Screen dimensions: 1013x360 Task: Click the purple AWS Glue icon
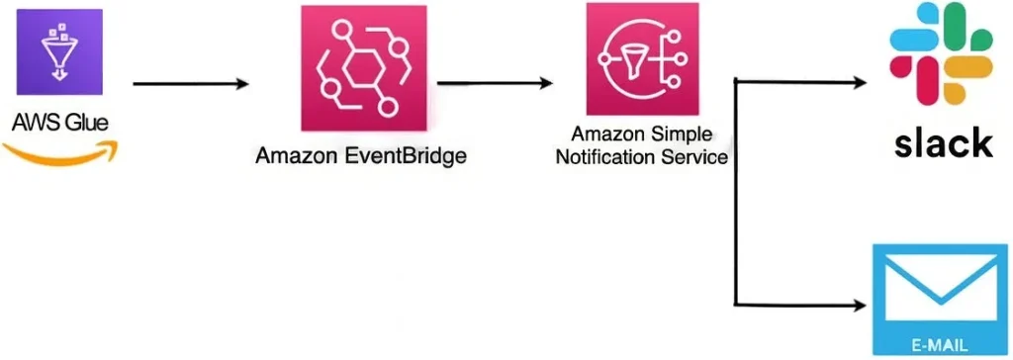tap(59, 52)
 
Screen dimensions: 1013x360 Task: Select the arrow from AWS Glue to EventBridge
tap(191, 84)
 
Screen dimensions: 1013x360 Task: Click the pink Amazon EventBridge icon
tap(364, 68)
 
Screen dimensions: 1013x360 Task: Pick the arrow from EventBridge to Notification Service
tap(495, 83)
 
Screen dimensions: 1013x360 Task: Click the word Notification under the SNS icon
tap(599, 157)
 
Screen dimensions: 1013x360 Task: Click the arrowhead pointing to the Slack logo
tap(860, 82)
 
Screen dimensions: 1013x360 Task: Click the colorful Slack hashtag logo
tap(942, 52)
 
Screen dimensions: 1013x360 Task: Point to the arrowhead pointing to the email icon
tap(860, 305)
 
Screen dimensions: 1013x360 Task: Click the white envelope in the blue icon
tap(941, 287)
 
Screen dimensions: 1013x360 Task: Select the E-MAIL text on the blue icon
tap(941, 344)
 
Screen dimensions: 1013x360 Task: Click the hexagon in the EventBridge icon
tap(364, 69)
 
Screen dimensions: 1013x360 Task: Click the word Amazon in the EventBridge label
tap(295, 155)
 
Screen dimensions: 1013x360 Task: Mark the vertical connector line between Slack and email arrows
tap(736, 192)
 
